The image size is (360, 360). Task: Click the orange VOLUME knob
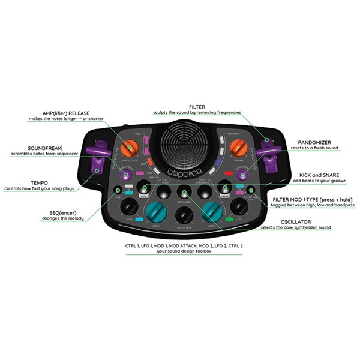click(x=238, y=146)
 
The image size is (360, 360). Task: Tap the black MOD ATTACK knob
click(x=183, y=215)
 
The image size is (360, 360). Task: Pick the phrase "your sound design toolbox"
click(x=185, y=252)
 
